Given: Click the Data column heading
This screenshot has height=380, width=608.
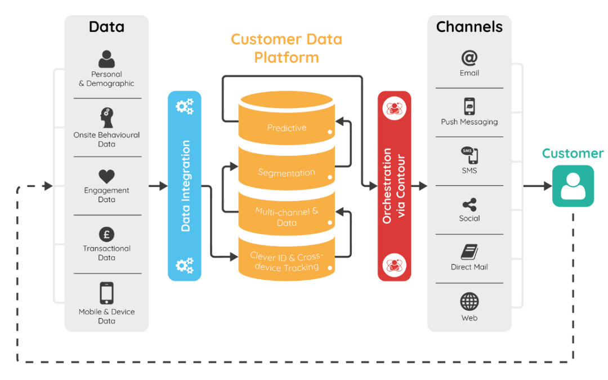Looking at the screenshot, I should pyautogui.click(x=106, y=26).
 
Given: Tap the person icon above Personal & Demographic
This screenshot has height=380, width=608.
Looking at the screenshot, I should pyautogui.click(x=106, y=59).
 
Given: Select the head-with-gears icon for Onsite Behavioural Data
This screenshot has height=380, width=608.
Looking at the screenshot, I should pyautogui.click(x=106, y=118).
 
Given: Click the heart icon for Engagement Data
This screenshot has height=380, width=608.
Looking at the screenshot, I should pyautogui.click(x=106, y=176).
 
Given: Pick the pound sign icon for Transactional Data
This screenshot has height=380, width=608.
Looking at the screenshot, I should pyautogui.click(x=106, y=234).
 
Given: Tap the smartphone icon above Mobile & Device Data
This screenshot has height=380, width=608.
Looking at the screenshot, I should pyautogui.click(x=106, y=293).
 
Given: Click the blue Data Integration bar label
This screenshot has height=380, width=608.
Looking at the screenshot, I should pyautogui.click(x=185, y=186).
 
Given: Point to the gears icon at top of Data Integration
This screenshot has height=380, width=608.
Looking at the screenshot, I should pyautogui.click(x=185, y=106).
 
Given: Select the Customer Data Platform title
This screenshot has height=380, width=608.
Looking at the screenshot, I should pyautogui.click(x=286, y=48).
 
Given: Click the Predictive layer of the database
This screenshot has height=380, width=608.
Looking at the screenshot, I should pyautogui.click(x=287, y=128).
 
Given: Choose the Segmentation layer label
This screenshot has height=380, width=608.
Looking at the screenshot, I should pyautogui.click(x=287, y=173).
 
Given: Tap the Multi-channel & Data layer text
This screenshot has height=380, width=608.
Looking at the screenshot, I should pyautogui.click(x=287, y=217).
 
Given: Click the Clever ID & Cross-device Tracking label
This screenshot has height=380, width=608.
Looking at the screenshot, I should pyautogui.click(x=287, y=262).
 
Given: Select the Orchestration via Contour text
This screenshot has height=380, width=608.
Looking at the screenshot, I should pyautogui.click(x=394, y=186).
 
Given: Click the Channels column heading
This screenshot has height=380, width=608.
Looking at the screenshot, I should pyautogui.click(x=469, y=26).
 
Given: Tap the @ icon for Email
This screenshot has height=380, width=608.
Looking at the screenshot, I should pyautogui.click(x=469, y=58).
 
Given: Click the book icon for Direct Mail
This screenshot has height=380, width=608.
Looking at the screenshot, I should pyautogui.click(x=469, y=252).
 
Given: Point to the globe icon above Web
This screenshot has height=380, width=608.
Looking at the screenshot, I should pyautogui.click(x=469, y=302).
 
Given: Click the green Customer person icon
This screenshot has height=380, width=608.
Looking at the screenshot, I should pyautogui.click(x=573, y=186).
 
